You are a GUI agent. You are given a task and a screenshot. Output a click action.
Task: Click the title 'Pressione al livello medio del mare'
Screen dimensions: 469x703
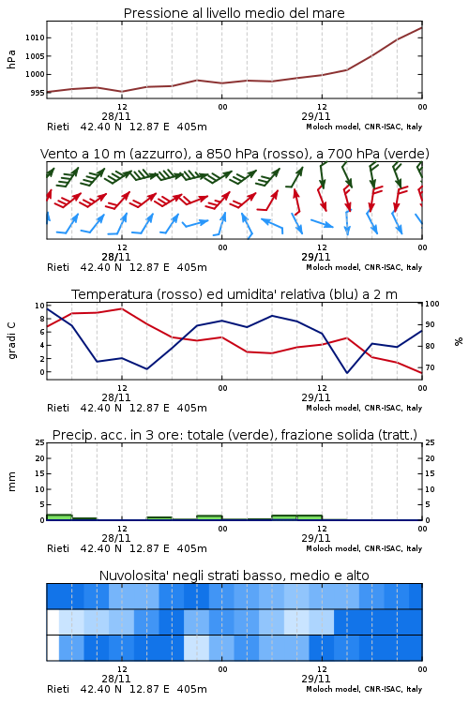coord(234,13)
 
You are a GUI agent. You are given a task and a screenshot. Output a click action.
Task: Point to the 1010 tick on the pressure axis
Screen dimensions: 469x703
coord(35,37)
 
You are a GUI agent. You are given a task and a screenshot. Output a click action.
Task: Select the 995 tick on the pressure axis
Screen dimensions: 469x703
coord(38,93)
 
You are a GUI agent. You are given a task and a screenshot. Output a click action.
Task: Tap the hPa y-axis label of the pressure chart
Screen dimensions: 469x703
coord(11,59)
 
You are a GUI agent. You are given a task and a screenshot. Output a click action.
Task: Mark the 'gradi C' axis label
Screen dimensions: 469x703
coord(11,340)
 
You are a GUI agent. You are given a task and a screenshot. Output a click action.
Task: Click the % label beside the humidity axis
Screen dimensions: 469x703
coord(459,341)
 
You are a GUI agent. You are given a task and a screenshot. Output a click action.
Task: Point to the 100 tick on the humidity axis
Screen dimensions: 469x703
coord(432,304)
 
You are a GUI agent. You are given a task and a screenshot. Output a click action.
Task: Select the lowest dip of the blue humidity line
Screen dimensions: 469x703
coord(347,373)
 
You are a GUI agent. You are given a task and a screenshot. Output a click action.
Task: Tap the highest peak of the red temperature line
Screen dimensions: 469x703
coord(122,308)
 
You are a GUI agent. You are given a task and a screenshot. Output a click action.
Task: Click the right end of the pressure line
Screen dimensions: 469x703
coord(422,27)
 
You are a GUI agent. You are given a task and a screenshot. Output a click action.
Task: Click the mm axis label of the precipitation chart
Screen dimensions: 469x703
coord(11,482)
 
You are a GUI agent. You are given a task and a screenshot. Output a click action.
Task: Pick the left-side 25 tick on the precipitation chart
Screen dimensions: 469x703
coord(40,442)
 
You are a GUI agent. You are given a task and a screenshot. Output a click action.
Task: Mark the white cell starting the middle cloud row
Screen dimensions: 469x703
coord(53,621)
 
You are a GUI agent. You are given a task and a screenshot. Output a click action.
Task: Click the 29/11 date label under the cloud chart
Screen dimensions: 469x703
coord(316,679)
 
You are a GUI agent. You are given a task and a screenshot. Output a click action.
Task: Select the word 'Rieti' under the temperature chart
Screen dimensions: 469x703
coord(58,408)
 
